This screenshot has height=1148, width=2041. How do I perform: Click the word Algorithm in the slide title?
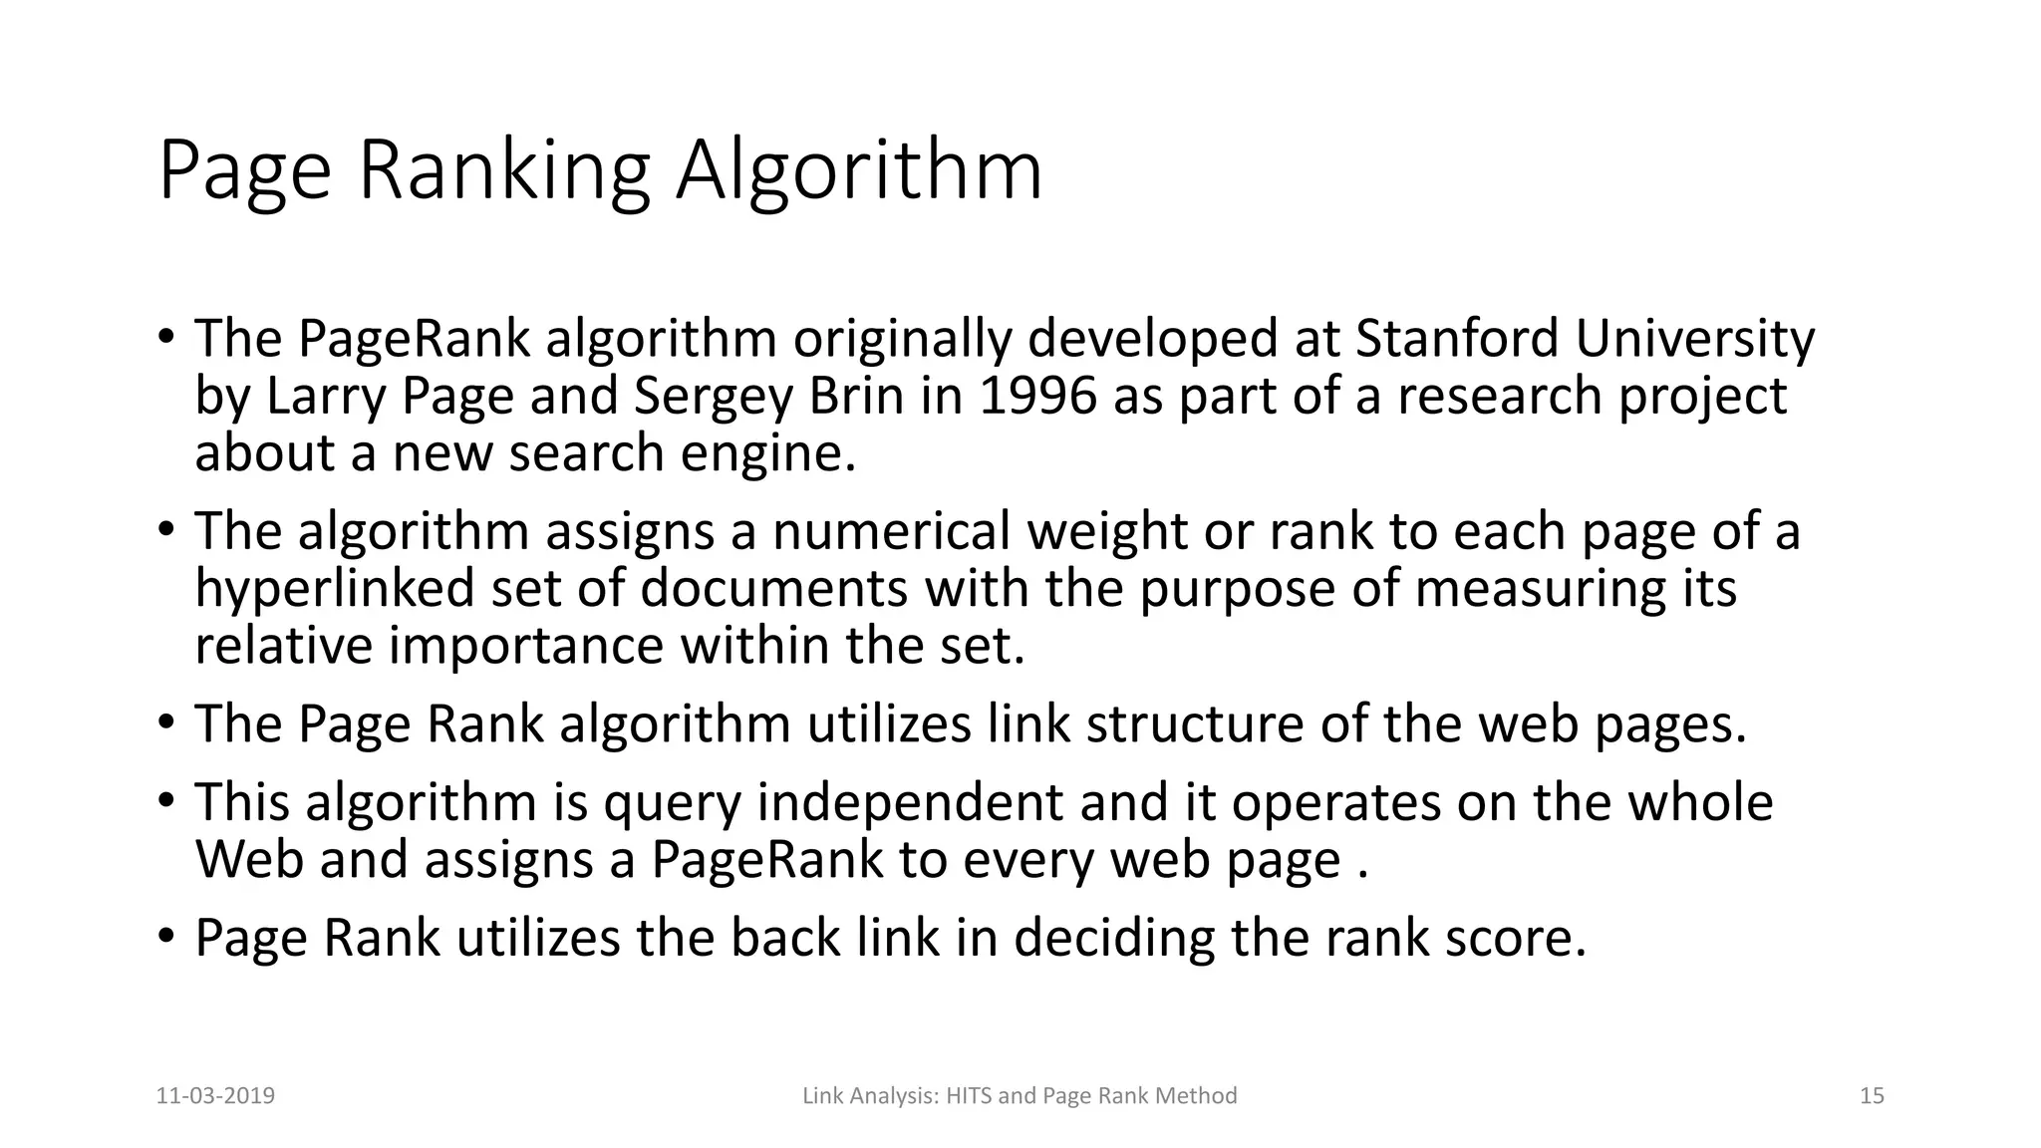point(859,171)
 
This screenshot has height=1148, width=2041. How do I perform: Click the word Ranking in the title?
point(503,171)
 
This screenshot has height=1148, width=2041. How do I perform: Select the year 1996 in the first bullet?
point(1037,396)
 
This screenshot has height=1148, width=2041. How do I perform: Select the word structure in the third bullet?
point(1194,723)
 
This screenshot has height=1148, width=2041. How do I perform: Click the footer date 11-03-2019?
point(215,1096)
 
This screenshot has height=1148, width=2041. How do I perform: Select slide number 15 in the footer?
point(1872,1096)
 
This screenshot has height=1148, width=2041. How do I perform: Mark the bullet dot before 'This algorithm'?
point(166,800)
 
